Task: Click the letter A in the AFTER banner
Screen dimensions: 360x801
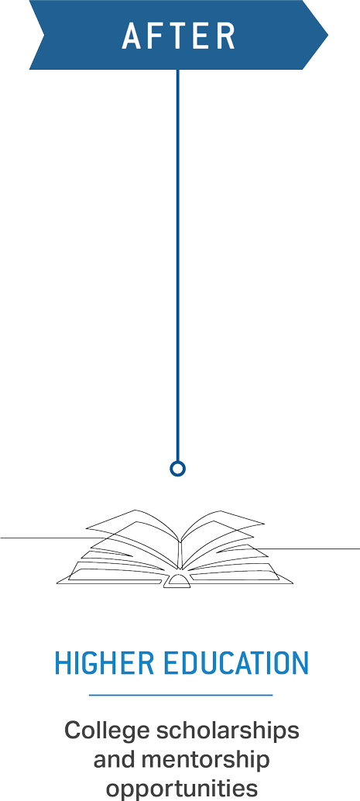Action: click(132, 36)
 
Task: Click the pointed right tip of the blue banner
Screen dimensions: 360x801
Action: click(327, 35)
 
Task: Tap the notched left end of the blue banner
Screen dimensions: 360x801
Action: click(44, 35)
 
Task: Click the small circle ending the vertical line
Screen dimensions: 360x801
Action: click(178, 469)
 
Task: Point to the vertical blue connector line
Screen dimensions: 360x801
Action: click(178, 265)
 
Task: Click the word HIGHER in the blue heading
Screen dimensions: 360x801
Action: click(104, 663)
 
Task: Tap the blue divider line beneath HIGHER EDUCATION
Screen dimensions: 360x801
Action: click(180, 695)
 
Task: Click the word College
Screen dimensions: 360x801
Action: click(107, 731)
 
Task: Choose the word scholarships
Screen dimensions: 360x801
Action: click(228, 731)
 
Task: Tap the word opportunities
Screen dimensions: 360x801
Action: click(182, 789)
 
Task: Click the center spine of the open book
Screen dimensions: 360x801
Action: click(180, 555)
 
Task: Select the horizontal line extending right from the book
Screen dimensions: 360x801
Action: click(308, 548)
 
